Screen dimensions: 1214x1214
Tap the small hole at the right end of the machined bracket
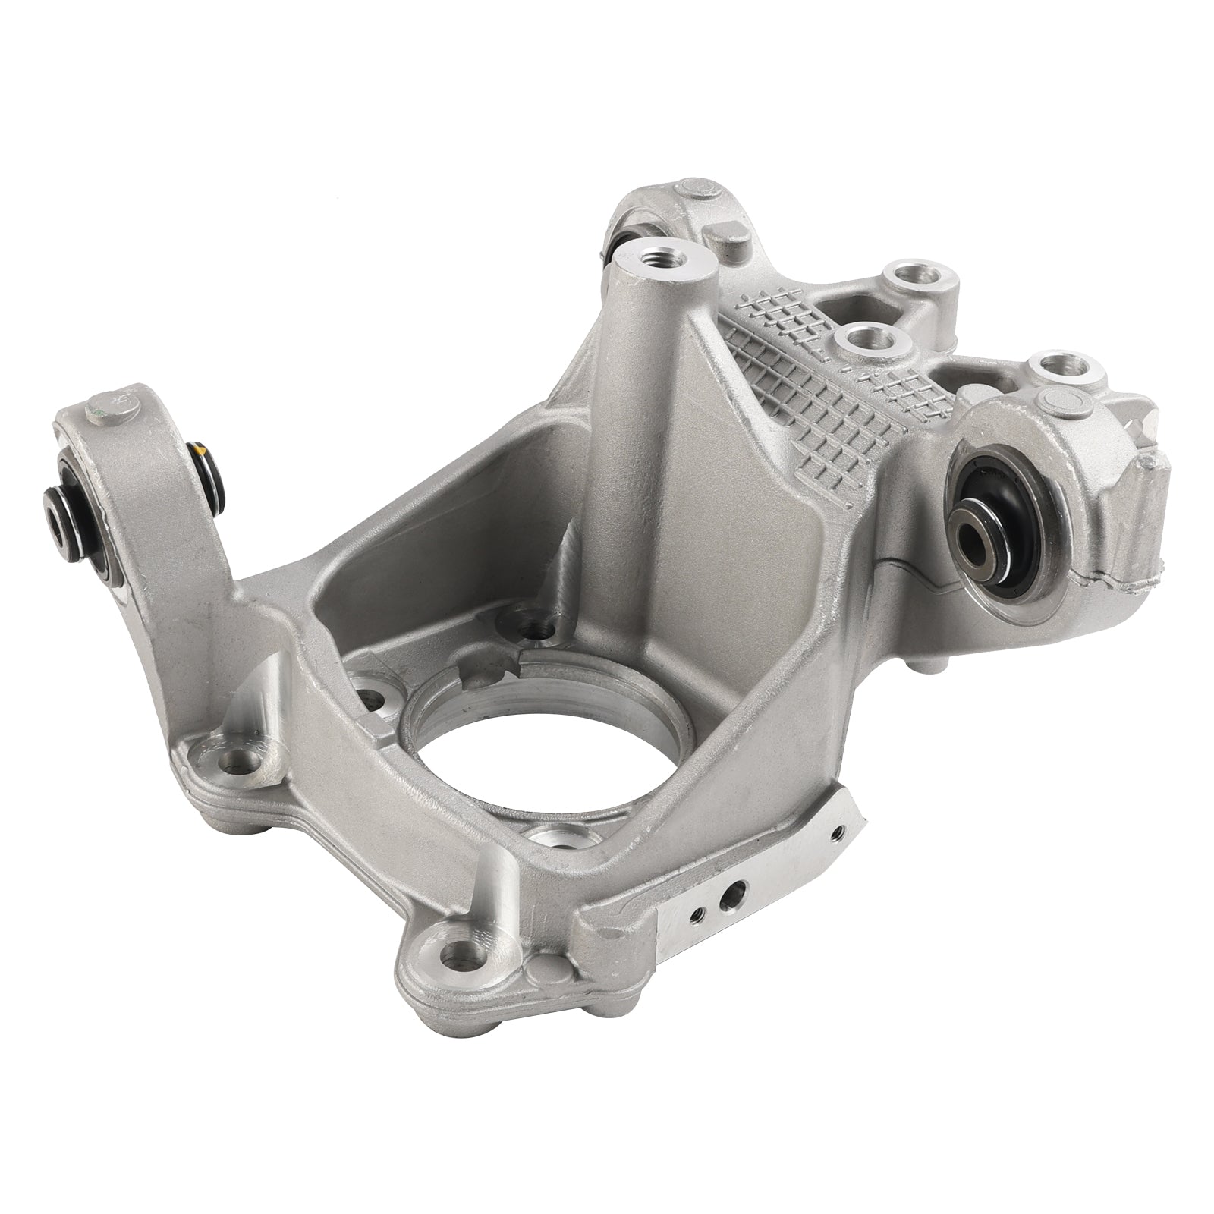click(835, 833)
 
